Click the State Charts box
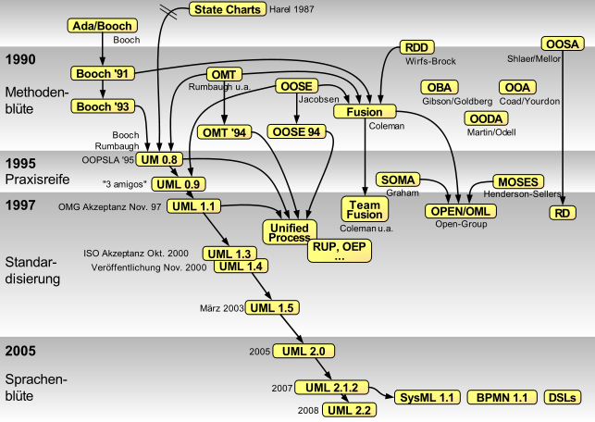227,9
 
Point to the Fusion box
364,112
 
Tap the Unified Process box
290,232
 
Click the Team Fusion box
364,207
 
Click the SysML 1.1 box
427,397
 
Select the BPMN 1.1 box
501,397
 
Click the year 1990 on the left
20,59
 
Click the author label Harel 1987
281,10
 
